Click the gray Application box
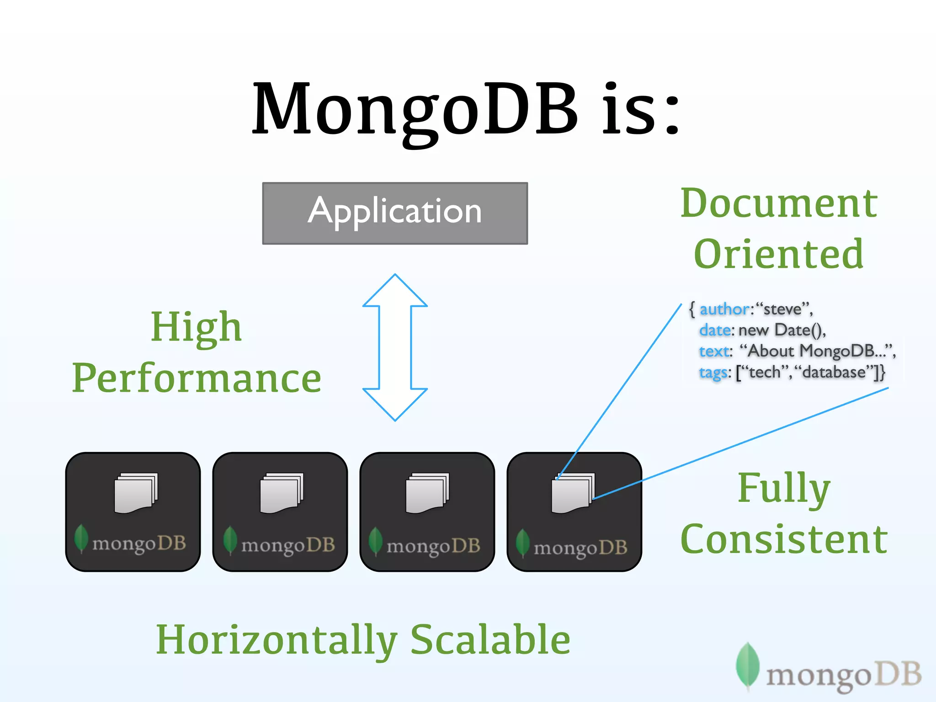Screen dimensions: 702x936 [395, 213]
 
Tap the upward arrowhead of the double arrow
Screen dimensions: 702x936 [395, 291]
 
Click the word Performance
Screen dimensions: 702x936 [197, 378]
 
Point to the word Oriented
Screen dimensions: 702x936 [778, 254]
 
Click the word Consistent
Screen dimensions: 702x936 [783, 539]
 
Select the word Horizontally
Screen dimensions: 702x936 [277, 640]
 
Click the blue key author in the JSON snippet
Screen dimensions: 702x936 [724, 309]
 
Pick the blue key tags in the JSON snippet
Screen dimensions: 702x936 [713, 372]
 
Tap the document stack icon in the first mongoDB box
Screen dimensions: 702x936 [136, 494]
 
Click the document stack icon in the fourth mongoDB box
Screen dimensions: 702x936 [573, 494]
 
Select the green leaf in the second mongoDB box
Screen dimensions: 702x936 [230, 539]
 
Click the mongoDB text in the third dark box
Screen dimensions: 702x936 [433, 546]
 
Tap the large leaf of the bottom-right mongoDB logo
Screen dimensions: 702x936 [748, 665]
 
